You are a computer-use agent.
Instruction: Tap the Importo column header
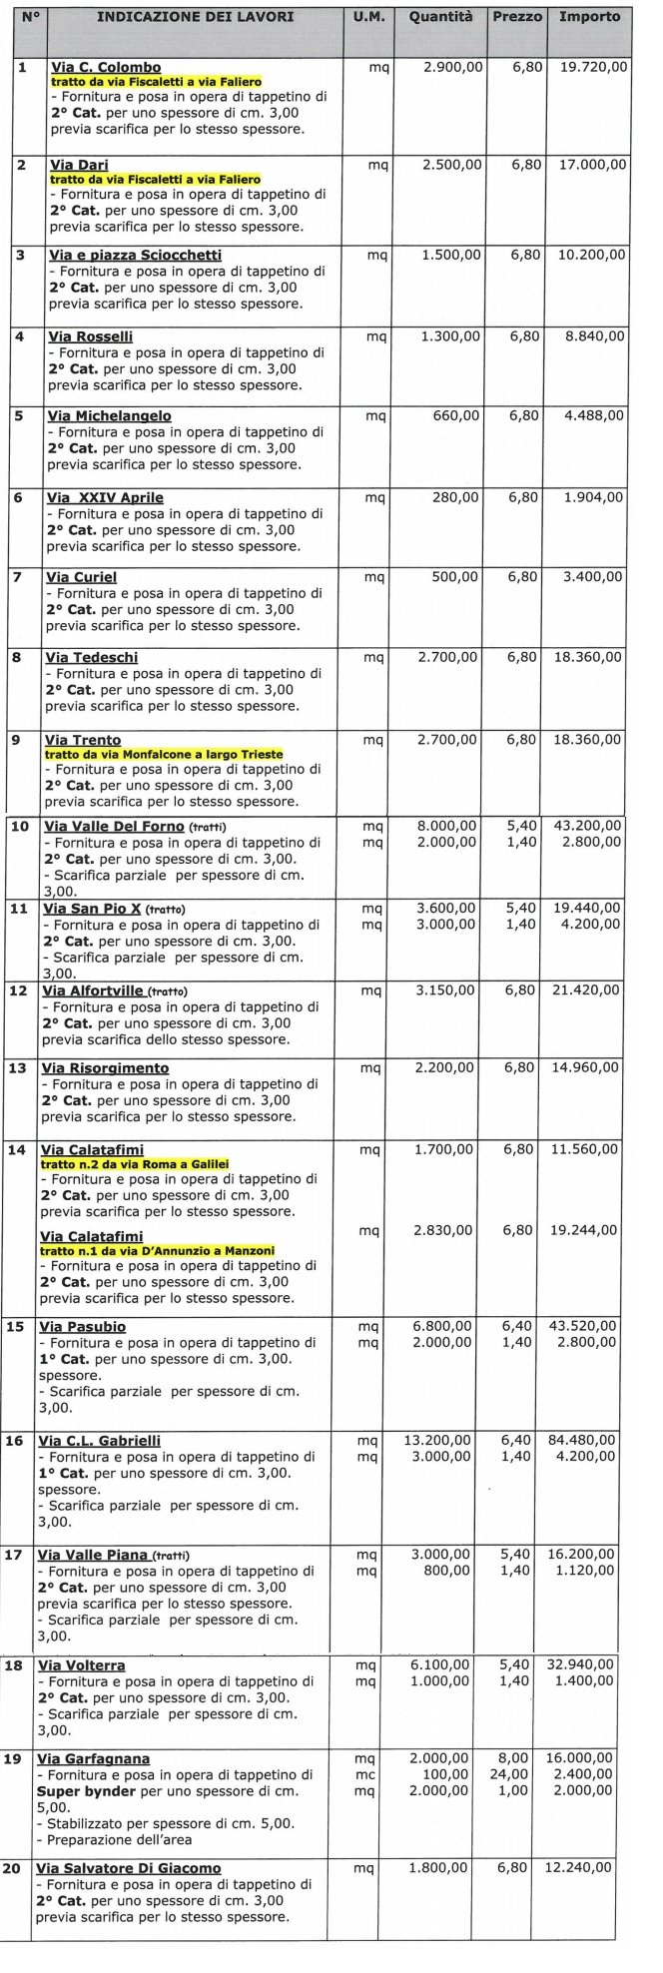coord(589,17)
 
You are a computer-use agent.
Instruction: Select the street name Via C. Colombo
coord(105,68)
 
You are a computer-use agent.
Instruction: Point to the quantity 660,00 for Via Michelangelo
coord(455,415)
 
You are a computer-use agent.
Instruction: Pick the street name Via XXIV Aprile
coord(105,497)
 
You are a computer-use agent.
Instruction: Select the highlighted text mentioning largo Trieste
coord(164,754)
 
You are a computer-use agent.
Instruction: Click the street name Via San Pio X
coord(92,909)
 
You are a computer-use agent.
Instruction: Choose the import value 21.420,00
coord(585,989)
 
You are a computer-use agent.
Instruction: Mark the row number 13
coord(17,1068)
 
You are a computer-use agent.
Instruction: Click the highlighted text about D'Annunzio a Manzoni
coord(157,1250)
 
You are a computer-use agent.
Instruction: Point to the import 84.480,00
coord(582,1440)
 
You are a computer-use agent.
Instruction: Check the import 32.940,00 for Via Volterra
coord(581,1665)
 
